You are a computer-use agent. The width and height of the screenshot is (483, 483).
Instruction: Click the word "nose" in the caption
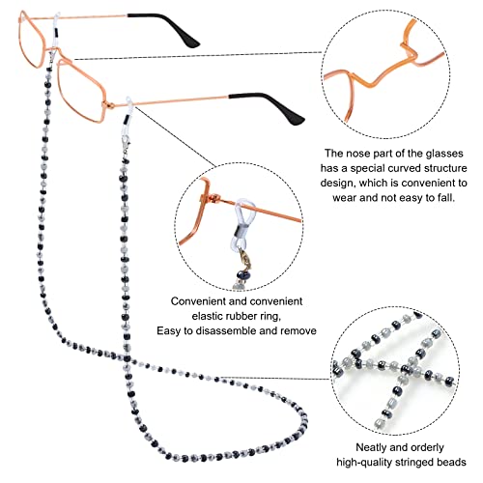coord(357,154)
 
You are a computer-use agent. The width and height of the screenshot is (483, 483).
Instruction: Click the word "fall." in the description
coord(446,197)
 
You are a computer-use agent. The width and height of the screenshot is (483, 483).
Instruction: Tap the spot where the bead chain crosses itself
coord(127,357)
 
